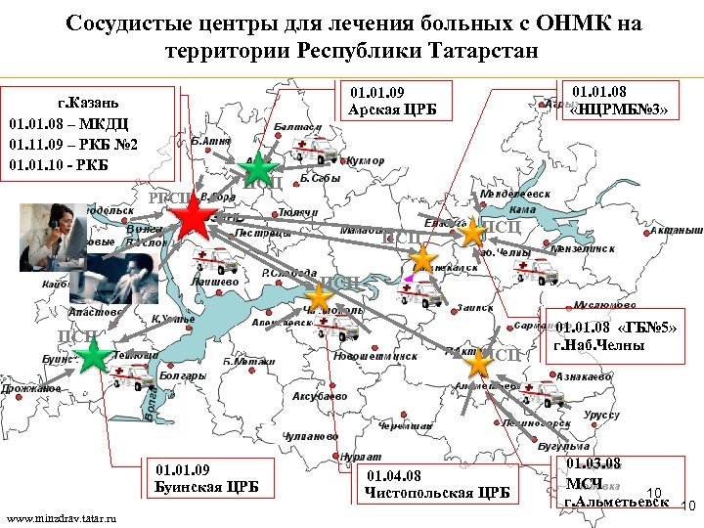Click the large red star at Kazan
[195, 221]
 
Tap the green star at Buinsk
[93, 357]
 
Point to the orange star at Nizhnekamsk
[423, 259]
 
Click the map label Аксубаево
[320, 396]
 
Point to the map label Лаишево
[214, 283]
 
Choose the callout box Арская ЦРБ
[392, 101]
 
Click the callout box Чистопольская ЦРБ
[437, 483]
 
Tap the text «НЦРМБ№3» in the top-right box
[619, 110]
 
